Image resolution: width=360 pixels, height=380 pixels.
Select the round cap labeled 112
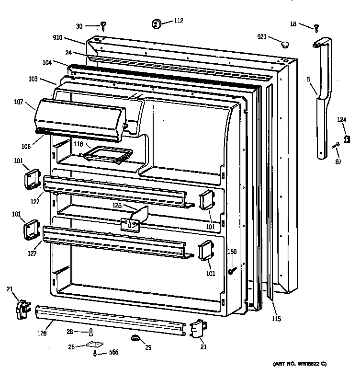[x=156, y=23]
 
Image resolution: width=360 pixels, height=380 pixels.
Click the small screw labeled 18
[x=316, y=28]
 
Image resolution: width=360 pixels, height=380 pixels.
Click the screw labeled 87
[x=336, y=145]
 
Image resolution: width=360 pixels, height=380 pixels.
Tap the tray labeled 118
[x=108, y=154]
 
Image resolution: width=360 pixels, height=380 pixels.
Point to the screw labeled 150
[x=231, y=271]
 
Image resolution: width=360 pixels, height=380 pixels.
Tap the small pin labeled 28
[x=90, y=333]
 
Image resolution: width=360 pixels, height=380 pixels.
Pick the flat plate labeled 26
[x=96, y=345]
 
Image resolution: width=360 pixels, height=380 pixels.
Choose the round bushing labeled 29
[x=135, y=339]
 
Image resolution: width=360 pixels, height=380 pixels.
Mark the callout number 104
[x=47, y=63]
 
